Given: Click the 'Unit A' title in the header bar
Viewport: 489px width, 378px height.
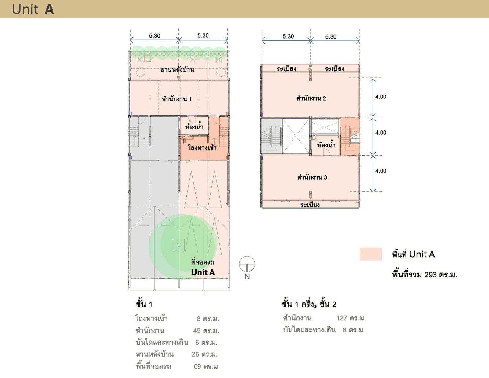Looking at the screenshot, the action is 33,9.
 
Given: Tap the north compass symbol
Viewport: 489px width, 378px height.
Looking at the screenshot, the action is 247,264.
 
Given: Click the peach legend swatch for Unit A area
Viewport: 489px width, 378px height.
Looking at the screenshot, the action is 371,254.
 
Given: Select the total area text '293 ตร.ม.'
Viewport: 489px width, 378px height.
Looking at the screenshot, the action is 441,275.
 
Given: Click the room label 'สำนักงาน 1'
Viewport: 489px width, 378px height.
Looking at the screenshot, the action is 177,99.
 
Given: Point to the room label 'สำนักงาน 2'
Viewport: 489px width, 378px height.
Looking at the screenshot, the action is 311,98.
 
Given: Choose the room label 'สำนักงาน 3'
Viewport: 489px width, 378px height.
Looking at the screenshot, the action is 312,177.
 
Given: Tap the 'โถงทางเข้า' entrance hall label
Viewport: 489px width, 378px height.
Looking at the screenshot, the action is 202,148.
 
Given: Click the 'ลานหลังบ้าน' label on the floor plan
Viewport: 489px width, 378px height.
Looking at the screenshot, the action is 177,69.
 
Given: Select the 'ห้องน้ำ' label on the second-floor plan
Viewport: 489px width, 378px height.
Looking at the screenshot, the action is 326,145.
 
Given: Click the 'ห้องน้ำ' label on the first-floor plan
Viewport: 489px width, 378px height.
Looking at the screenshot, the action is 194,127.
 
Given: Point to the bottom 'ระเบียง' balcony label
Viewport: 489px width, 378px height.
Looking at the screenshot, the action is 310,205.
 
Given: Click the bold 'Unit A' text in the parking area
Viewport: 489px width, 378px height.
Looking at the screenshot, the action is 203,272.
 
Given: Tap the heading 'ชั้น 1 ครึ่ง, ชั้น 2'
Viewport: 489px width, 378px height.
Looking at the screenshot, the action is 309,304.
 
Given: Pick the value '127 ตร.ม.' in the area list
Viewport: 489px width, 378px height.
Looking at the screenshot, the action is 351,318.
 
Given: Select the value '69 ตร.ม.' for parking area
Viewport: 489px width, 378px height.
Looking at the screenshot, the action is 207,366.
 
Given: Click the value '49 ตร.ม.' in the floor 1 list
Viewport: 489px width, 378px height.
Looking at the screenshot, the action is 206,331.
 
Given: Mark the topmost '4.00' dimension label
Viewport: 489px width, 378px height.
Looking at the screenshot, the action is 381,97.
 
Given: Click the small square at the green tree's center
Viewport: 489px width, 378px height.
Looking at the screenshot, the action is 179,245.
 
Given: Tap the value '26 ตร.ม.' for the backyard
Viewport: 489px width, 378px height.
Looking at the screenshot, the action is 204,354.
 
